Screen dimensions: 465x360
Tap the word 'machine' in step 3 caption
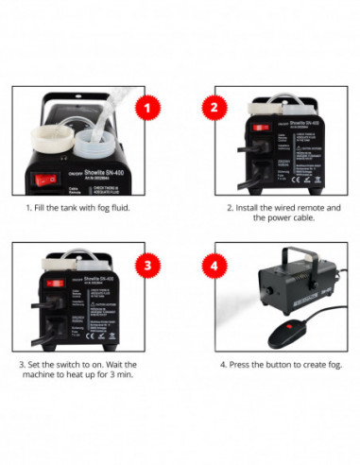pos(52,376)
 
